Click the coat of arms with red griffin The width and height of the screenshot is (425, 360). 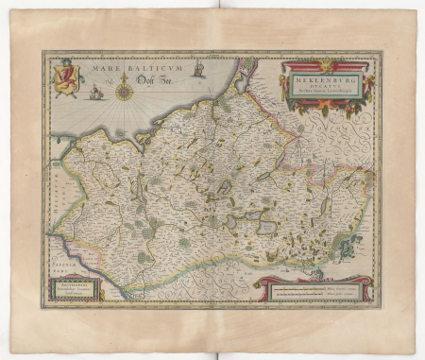point(67,77)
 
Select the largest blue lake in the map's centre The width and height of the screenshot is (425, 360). point(266,228)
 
